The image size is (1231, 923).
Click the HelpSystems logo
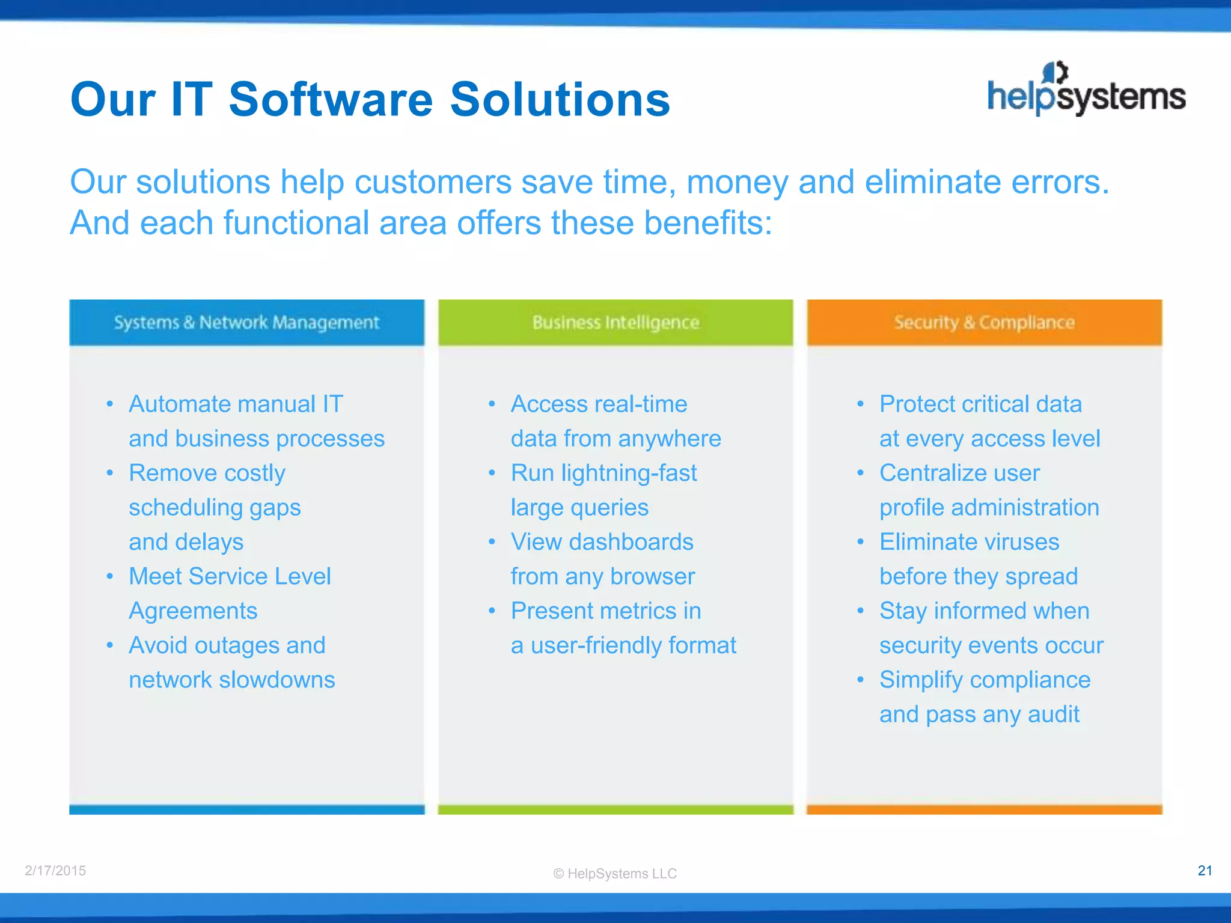[x=1086, y=90]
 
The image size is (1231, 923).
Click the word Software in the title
[x=331, y=99]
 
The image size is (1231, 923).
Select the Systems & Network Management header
[x=246, y=323]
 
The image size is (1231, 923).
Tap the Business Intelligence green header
[x=615, y=323]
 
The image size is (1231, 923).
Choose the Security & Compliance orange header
[x=984, y=323]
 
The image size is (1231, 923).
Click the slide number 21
[x=1205, y=871]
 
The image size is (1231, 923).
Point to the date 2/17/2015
[x=55, y=871]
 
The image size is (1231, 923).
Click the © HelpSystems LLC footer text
[x=615, y=874]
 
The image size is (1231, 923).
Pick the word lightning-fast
[x=629, y=474]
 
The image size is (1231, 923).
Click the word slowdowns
[x=277, y=680]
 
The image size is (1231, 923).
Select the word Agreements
[x=193, y=611]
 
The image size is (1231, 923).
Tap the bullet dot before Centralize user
[x=860, y=473]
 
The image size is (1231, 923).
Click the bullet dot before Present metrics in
[x=492, y=611]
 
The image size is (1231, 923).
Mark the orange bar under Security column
[x=984, y=809]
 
